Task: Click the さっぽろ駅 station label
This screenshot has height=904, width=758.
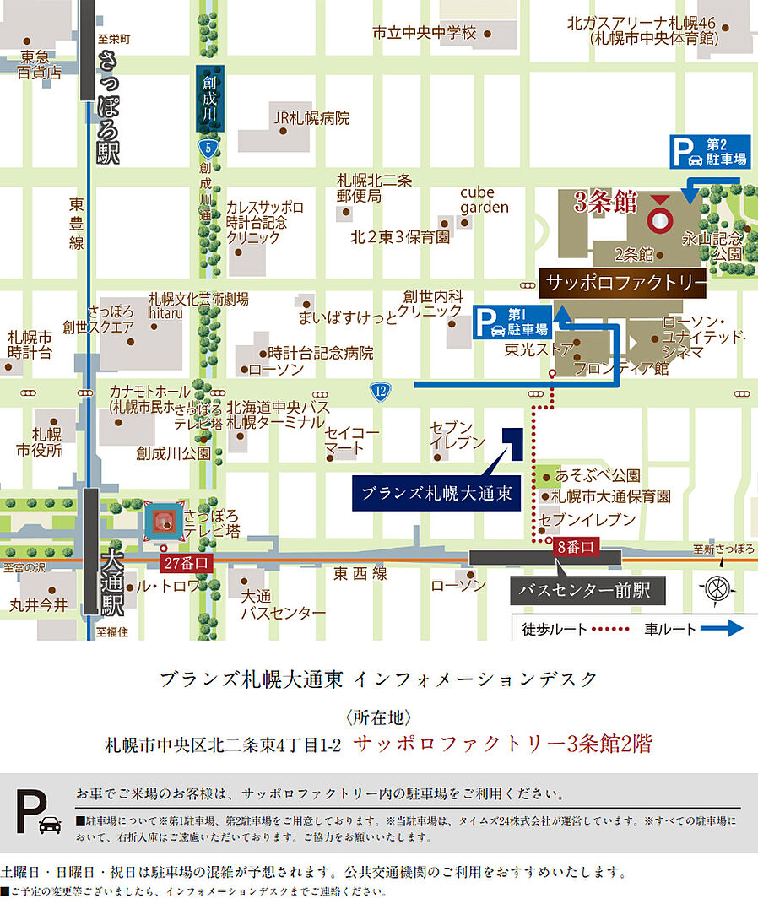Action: coord(110,108)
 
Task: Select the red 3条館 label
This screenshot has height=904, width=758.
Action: coord(604,203)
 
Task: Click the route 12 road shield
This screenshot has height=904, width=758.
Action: coord(380,390)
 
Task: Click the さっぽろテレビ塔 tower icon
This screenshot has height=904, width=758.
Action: coord(165,523)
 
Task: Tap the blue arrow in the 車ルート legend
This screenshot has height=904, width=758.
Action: coord(723,628)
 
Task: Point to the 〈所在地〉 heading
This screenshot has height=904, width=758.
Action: coord(378,718)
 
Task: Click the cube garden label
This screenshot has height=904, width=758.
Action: coord(485,199)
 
